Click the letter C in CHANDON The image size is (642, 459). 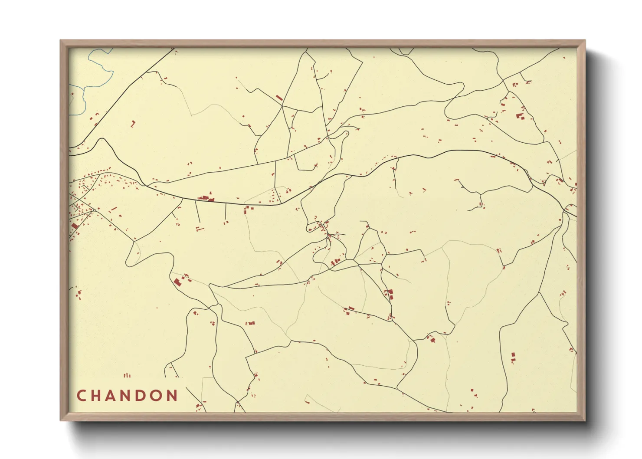tap(81, 396)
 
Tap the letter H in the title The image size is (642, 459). tap(96, 396)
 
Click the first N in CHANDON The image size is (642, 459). tap(127, 396)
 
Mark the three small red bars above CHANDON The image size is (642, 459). tap(127, 375)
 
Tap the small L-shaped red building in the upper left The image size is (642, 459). tap(133, 124)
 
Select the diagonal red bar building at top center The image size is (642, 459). tap(279, 98)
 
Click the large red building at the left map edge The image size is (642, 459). tap(75, 226)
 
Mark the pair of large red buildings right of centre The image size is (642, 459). tap(388, 294)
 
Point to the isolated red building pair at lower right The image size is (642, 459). tap(513, 357)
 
